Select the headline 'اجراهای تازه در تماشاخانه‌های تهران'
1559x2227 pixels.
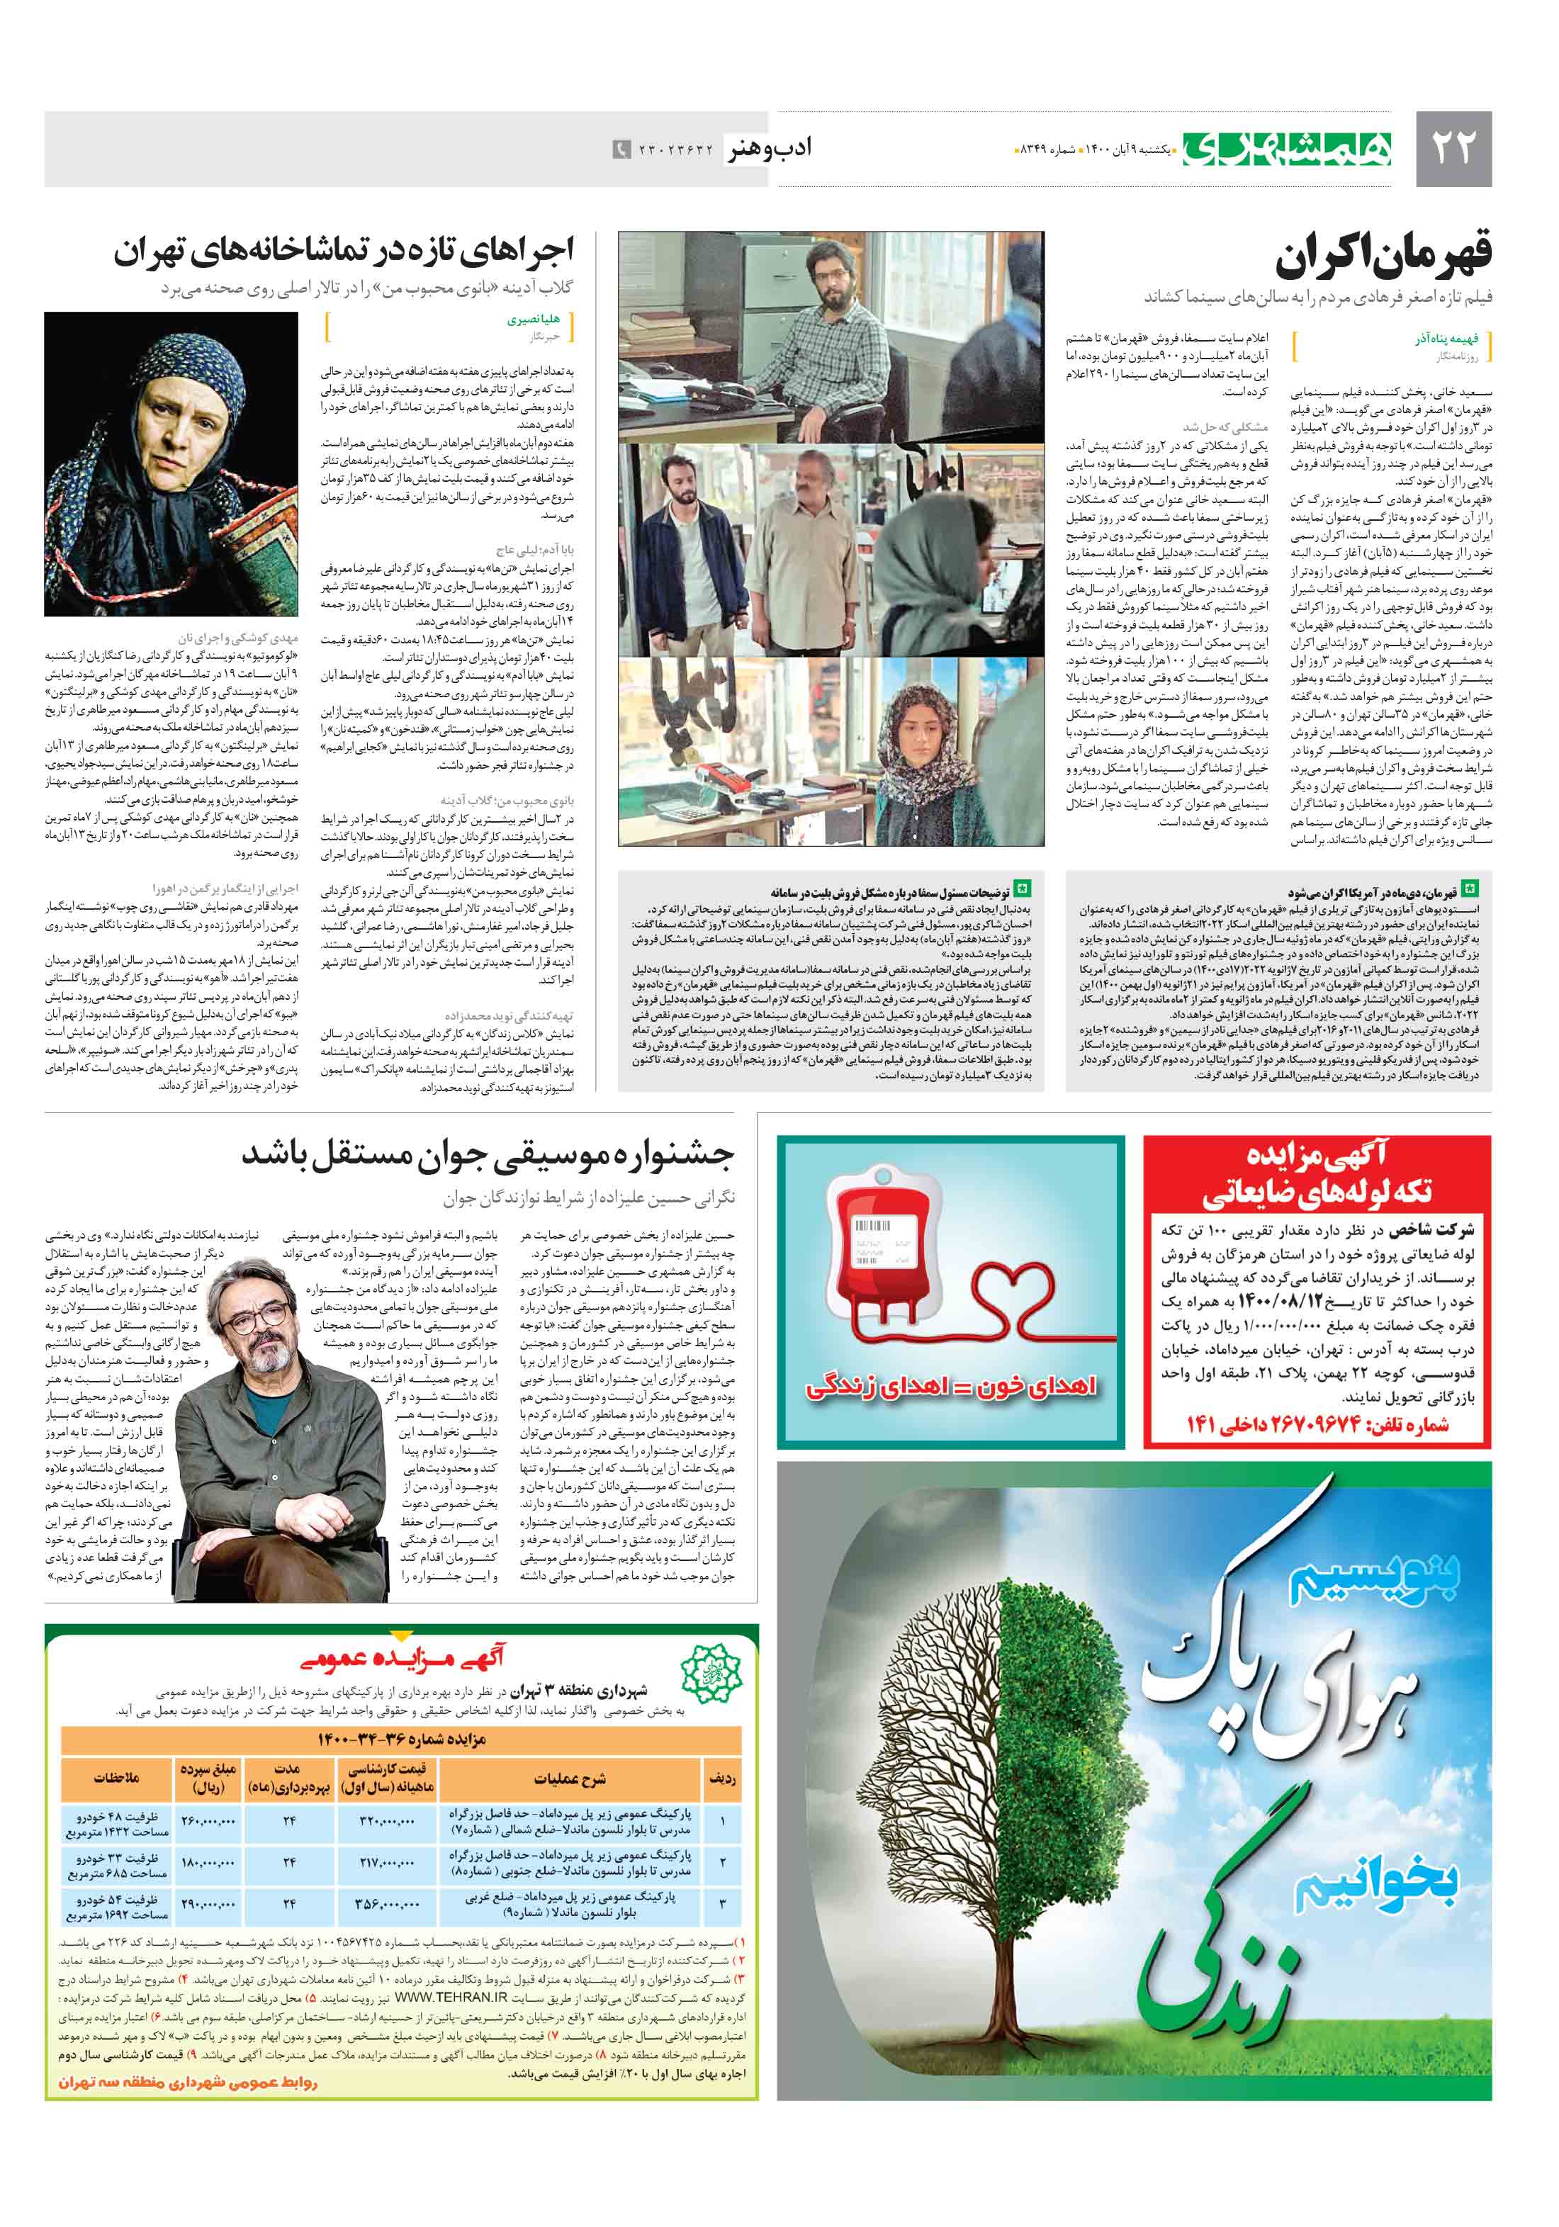(x=344, y=252)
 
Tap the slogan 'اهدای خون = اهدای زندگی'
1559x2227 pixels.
(x=951, y=1385)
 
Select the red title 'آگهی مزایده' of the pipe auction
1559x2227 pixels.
(x=1317, y=1156)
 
